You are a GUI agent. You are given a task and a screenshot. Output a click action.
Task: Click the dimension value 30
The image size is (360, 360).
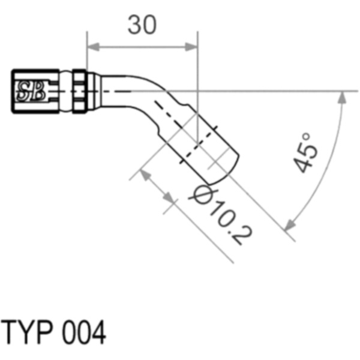point(142,25)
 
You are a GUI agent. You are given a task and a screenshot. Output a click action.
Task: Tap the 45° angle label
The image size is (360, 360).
point(306,152)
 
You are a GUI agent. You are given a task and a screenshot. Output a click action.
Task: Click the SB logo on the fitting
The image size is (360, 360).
point(31,91)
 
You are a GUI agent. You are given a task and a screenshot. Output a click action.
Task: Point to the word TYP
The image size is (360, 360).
point(27,332)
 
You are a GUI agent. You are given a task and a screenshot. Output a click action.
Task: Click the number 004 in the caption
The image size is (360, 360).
point(84,332)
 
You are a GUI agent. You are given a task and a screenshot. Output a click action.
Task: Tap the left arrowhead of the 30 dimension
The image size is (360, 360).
point(93,47)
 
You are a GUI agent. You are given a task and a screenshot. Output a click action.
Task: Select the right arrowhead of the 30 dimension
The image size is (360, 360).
point(191,47)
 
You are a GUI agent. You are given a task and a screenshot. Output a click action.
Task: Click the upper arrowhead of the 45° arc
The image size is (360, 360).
point(343,97)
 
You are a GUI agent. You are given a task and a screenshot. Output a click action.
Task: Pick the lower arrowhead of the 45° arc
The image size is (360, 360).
point(289,224)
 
